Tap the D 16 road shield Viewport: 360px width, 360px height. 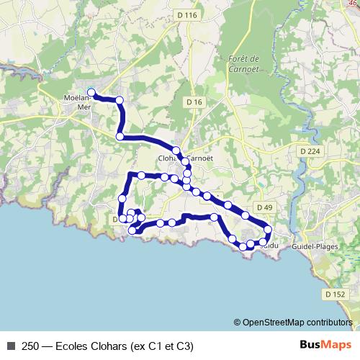coord(194,103)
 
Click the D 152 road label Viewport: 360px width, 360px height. coord(336,294)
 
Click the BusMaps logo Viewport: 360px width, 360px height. coord(322,346)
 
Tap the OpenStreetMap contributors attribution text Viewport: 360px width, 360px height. coord(297,323)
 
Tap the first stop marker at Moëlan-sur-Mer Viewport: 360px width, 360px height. coord(91,91)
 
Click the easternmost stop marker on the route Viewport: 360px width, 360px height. coord(268,230)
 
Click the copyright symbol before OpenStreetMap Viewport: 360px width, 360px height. coord(238,323)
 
